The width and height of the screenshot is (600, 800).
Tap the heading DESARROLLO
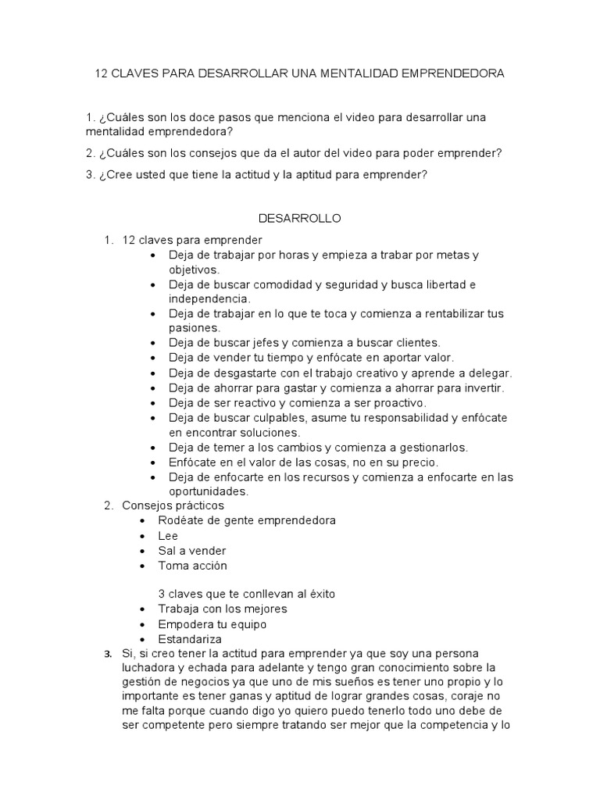[299, 219]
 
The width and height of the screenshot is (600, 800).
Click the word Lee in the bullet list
[168, 536]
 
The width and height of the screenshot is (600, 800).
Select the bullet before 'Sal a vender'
[141, 551]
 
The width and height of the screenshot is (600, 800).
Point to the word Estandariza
[190, 638]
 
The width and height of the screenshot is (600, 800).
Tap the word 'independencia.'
[209, 299]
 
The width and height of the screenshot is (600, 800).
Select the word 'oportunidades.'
[209, 491]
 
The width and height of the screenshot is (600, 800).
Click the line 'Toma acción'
[192, 565]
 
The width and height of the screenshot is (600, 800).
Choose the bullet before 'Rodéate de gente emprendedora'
[141, 521]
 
